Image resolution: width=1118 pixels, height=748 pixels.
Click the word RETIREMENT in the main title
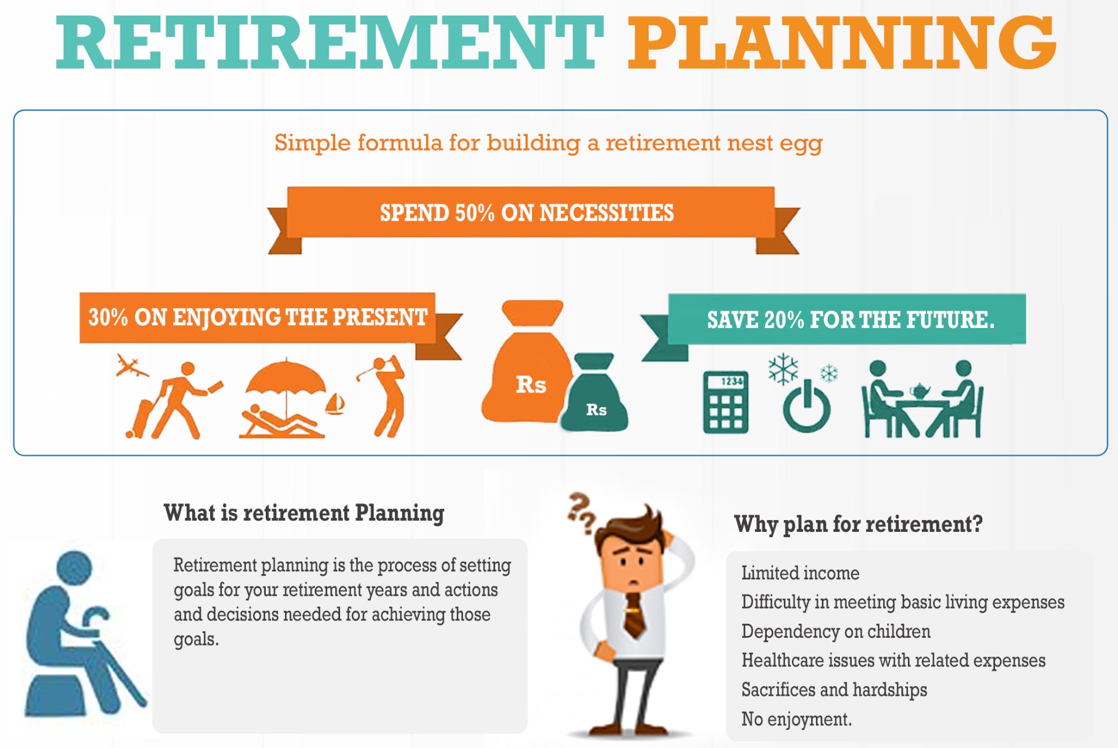click(330, 43)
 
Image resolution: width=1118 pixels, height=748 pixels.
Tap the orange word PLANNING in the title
click(842, 43)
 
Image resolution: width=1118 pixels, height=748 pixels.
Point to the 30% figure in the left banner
click(108, 317)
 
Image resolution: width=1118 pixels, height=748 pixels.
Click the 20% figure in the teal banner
click(784, 320)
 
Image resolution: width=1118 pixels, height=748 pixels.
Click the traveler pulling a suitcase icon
click(173, 401)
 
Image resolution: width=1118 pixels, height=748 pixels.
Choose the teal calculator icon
click(726, 402)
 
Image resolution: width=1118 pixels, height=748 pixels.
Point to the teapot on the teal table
click(920, 390)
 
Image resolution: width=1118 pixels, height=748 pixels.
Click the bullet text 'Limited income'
click(800, 573)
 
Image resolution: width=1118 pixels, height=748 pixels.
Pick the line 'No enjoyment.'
click(796, 719)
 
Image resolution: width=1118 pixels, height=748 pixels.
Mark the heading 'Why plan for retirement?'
click(858, 524)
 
